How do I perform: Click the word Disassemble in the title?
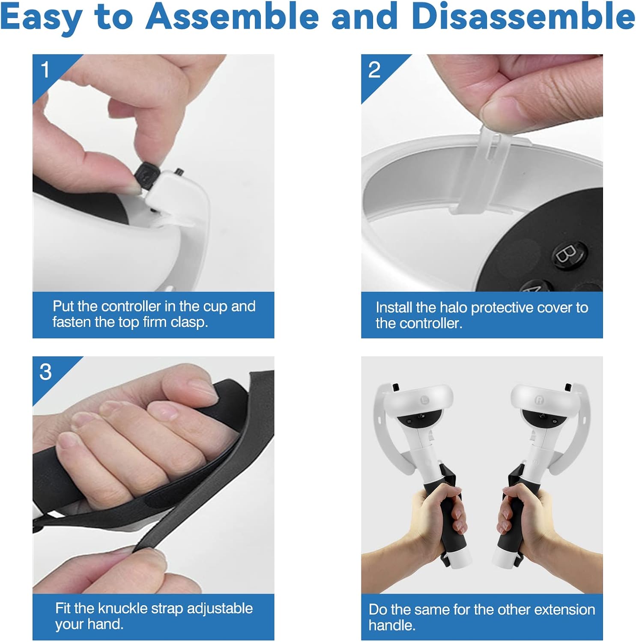[523, 16]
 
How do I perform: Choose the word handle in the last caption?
[391, 625]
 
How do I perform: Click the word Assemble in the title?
[233, 16]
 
